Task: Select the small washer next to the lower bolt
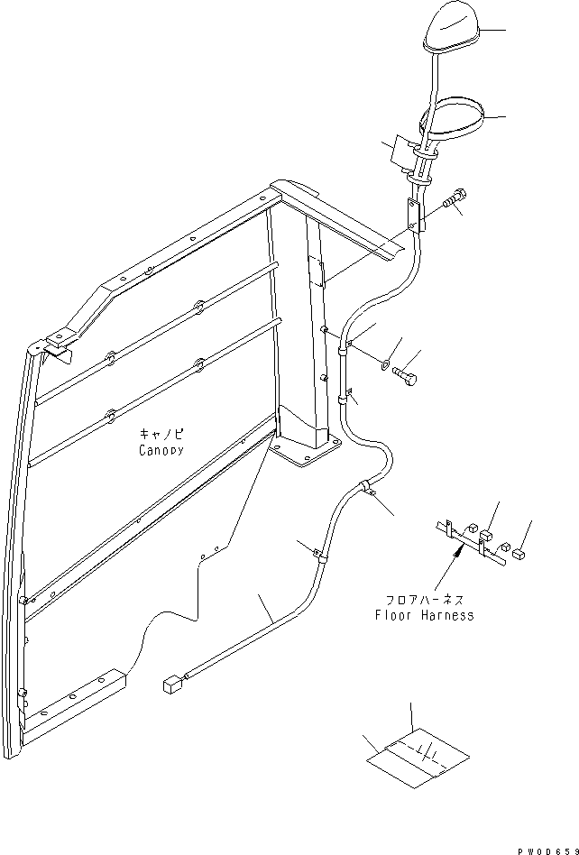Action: pos(386,365)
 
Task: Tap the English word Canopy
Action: pos(161,449)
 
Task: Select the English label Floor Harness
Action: pos(424,616)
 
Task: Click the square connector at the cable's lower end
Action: pos(171,686)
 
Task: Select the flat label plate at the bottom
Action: pos(418,759)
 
